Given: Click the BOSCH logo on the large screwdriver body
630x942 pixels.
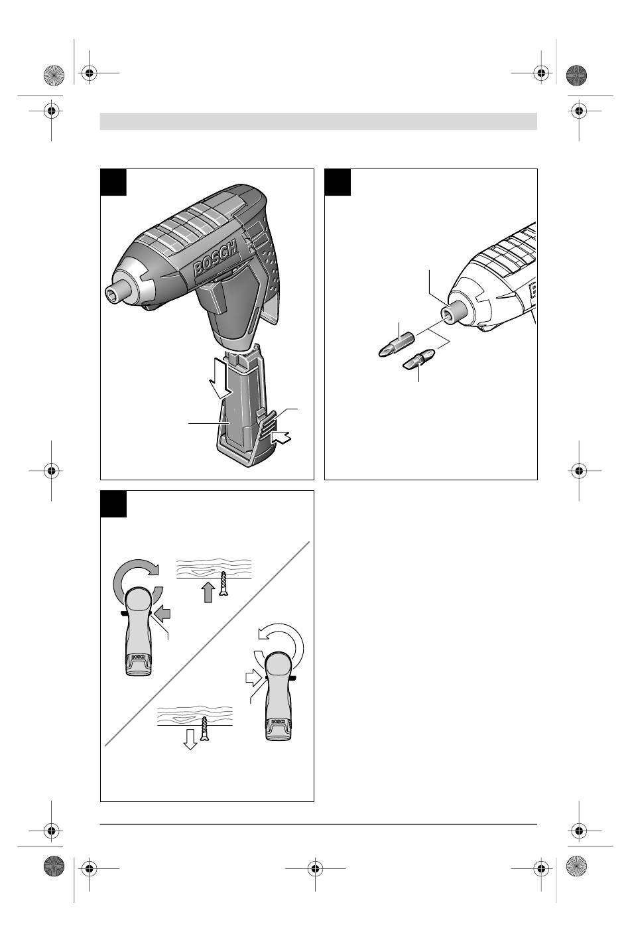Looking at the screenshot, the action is (215, 257).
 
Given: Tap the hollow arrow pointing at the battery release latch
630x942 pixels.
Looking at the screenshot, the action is (281, 438).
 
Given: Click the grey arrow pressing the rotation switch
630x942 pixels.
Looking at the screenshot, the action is (162, 614).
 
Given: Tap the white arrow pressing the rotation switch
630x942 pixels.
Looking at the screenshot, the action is (253, 678).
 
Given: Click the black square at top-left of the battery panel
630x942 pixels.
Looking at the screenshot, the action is (113, 182).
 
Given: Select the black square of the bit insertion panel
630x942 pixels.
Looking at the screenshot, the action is (338, 182).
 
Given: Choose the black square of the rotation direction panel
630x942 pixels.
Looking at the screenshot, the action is (113, 504).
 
